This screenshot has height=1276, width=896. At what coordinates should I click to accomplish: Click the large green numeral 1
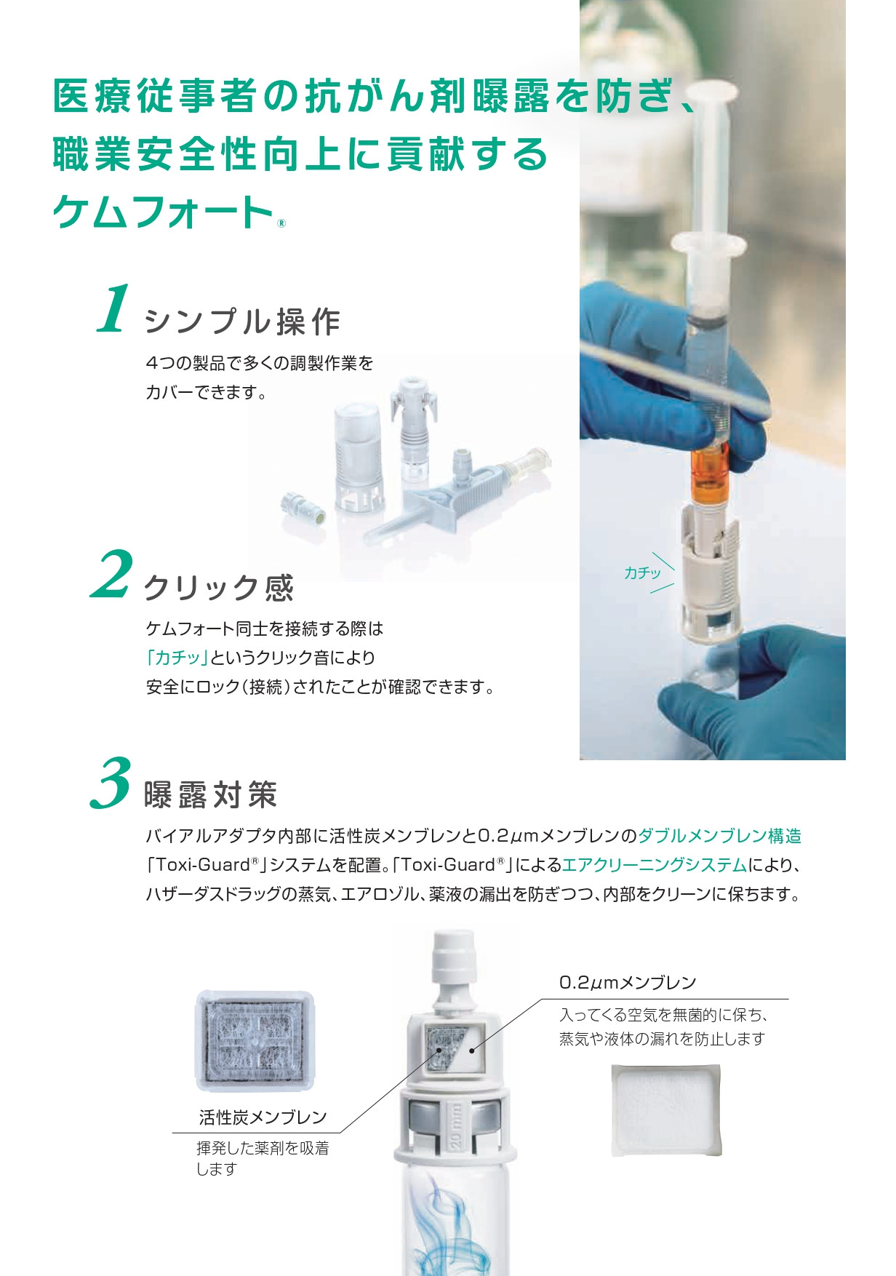pyautogui.click(x=114, y=309)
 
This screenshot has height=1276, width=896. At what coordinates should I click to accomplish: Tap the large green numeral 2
pyautogui.click(x=112, y=574)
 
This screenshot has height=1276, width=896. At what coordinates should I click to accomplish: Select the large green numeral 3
pyautogui.click(x=111, y=783)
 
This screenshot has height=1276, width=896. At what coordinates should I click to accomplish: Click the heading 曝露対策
pyautogui.click(x=211, y=794)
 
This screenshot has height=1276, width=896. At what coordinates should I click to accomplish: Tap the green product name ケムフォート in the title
pyautogui.click(x=163, y=212)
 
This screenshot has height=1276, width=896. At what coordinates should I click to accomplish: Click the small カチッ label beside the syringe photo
pyautogui.click(x=642, y=573)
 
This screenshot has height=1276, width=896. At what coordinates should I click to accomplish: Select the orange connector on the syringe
pyautogui.click(x=710, y=474)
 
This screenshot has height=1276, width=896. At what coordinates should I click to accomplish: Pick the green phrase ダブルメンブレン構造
pyautogui.click(x=720, y=836)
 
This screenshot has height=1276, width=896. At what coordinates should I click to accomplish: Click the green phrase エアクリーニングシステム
pyautogui.click(x=655, y=865)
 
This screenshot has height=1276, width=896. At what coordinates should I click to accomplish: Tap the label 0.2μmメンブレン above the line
pyautogui.click(x=628, y=983)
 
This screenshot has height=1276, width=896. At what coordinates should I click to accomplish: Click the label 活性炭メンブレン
pyautogui.click(x=263, y=1117)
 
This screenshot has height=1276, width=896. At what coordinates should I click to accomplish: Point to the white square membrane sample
pyautogui.click(x=666, y=1110)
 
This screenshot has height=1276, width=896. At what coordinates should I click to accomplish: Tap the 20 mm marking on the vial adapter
pyautogui.click(x=455, y=1126)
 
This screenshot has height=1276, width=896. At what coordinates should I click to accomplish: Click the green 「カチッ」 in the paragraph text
pyautogui.click(x=177, y=658)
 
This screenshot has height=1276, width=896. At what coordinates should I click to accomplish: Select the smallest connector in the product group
pyautogui.click(x=303, y=508)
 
